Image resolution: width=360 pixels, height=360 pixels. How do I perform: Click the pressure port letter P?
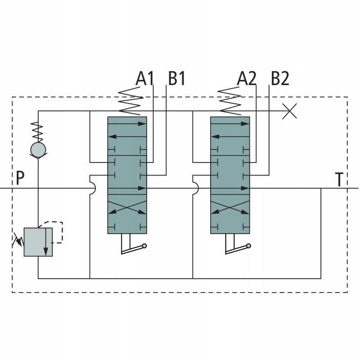tap(19, 179)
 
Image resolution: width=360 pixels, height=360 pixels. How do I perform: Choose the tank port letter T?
tap(340, 180)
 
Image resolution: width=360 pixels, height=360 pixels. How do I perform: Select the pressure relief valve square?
tap(38, 242)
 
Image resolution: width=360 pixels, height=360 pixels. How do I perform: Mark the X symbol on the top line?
tap(289, 110)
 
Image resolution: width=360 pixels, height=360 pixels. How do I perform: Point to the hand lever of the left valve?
tap(133, 248)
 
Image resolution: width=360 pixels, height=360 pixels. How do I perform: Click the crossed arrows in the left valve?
tap(127, 209)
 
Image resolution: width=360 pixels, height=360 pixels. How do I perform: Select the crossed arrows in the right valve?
tap(230, 209)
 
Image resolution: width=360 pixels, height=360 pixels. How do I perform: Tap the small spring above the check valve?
tap(38, 131)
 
